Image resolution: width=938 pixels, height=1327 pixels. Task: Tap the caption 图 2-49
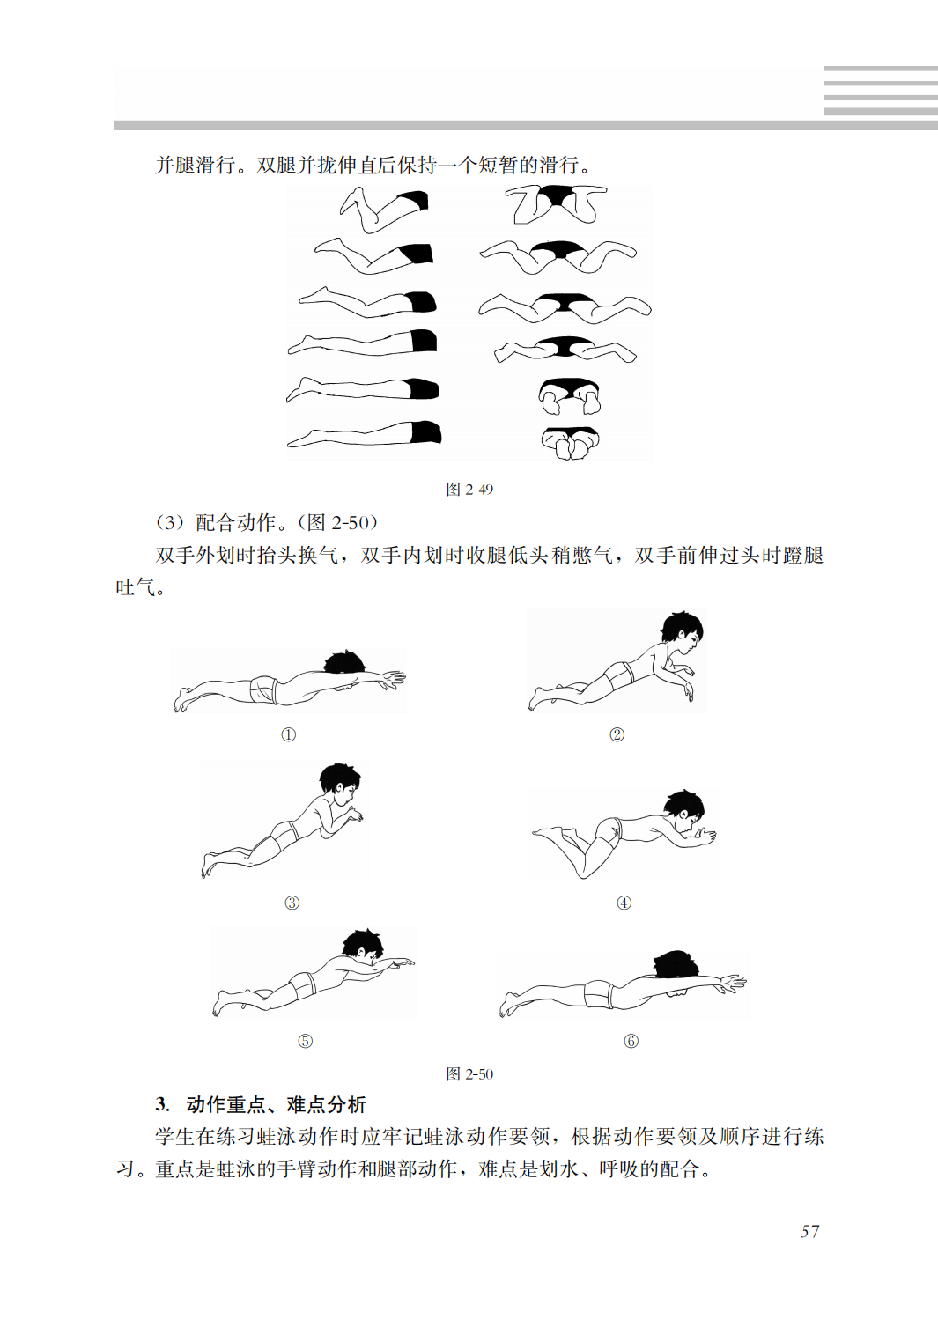pos(469,490)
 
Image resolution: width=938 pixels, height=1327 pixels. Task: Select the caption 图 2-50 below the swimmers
pos(469,1074)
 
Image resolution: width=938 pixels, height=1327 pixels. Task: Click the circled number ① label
pos(288,735)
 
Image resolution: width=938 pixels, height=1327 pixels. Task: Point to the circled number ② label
pos(617,734)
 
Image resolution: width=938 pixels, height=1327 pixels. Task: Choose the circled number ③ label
pos(292,903)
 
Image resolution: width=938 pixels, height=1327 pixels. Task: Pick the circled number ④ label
pos(624,903)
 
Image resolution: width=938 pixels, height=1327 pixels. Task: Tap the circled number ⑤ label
pos(305,1041)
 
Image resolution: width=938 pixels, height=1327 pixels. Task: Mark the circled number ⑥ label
pos(631,1041)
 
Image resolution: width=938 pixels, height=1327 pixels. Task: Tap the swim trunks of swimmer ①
pos(264,689)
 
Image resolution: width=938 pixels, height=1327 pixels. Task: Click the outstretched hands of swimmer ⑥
pos(732,982)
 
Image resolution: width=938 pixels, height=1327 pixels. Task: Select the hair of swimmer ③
pos(339,776)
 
